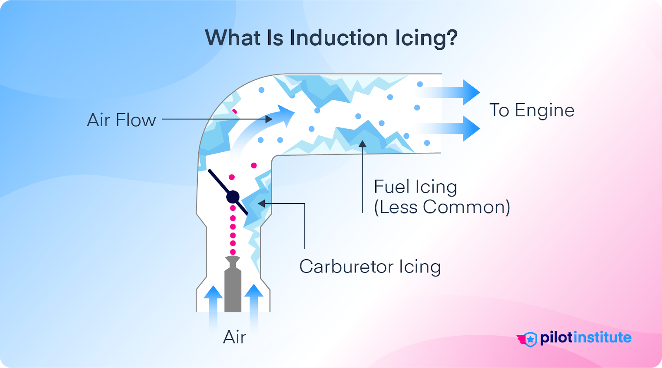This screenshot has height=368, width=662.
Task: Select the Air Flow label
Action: coord(121,120)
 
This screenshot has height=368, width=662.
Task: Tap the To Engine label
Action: coord(532,111)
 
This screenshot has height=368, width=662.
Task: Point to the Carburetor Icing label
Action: coord(370,267)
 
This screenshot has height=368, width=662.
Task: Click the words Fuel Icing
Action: coord(415,187)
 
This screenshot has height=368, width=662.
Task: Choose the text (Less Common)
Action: coord(442,207)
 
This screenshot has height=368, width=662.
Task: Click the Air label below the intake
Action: coord(235,337)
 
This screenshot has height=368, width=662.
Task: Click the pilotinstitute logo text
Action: coord(585,338)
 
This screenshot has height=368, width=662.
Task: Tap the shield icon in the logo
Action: coord(530,339)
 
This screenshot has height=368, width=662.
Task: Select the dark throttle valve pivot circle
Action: coord(233,197)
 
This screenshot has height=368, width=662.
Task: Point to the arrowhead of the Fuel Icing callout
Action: coord(362,144)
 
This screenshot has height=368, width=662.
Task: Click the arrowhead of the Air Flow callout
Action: coord(269,119)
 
